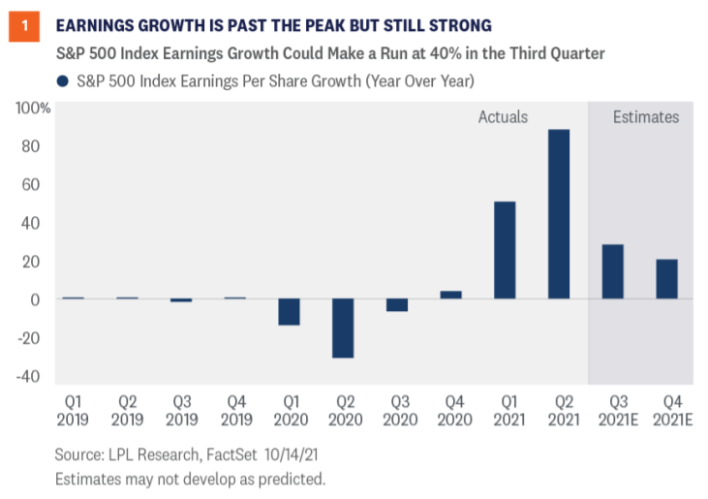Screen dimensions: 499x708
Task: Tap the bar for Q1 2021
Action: pyautogui.click(x=505, y=250)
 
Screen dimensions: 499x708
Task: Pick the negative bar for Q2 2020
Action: pyautogui.click(x=342, y=328)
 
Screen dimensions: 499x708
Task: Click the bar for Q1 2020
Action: pyautogui.click(x=289, y=312)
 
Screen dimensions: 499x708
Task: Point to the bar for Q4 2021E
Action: pyautogui.click(x=666, y=279)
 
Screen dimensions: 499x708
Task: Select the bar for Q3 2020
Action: pyautogui.click(x=396, y=305)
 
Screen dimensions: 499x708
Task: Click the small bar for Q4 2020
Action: pyautogui.click(x=450, y=295)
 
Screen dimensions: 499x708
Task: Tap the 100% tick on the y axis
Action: pyautogui.click(x=33, y=108)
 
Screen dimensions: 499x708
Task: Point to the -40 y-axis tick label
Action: pyautogui.click(x=33, y=377)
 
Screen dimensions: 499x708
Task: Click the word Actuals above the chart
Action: pyautogui.click(x=503, y=117)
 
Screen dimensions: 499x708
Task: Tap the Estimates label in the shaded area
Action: pyautogui.click(x=646, y=117)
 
